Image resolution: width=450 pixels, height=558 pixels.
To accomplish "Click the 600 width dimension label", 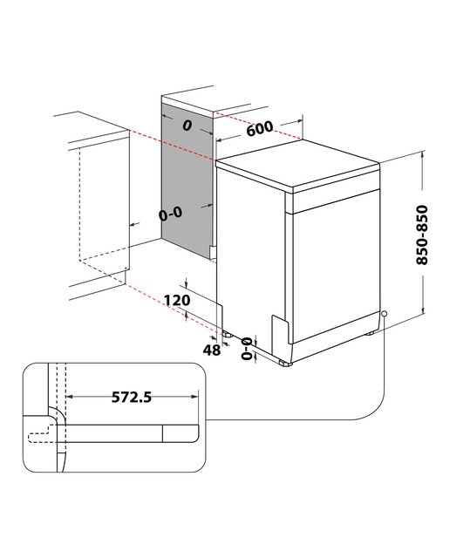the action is (260, 128).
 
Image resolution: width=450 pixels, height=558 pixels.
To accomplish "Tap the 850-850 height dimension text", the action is (422, 235).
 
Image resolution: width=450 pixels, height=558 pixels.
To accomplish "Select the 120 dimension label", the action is (177, 300).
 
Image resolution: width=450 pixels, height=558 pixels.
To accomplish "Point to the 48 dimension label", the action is (212, 350).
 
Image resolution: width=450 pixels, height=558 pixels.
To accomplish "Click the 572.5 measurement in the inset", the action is (132, 397).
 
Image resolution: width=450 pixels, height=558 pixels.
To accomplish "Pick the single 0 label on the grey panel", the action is (187, 126).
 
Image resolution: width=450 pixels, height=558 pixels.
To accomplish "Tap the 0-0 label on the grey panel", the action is (171, 214).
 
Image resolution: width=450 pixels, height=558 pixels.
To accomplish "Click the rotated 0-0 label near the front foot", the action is (246, 349).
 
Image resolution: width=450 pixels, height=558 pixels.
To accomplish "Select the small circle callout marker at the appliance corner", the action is (384, 314).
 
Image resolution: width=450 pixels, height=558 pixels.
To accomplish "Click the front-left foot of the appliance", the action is (285, 363).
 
